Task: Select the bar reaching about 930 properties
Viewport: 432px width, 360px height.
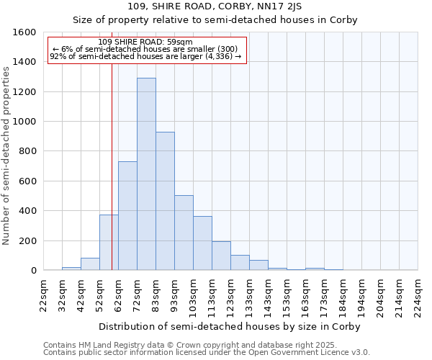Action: pyautogui.click(x=165, y=201)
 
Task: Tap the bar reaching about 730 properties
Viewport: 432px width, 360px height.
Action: pyautogui.click(x=127, y=216)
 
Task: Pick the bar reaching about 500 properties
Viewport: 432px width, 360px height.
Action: pyautogui.click(x=184, y=233)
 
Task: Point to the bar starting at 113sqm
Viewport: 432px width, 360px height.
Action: pyautogui.click(x=221, y=256)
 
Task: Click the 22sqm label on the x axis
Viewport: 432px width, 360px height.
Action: pyautogui.click(x=44, y=294)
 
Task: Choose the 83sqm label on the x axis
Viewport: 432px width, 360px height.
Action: pyautogui.click(x=156, y=294)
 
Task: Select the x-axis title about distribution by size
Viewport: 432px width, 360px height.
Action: pyautogui.click(x=229, y=326)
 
